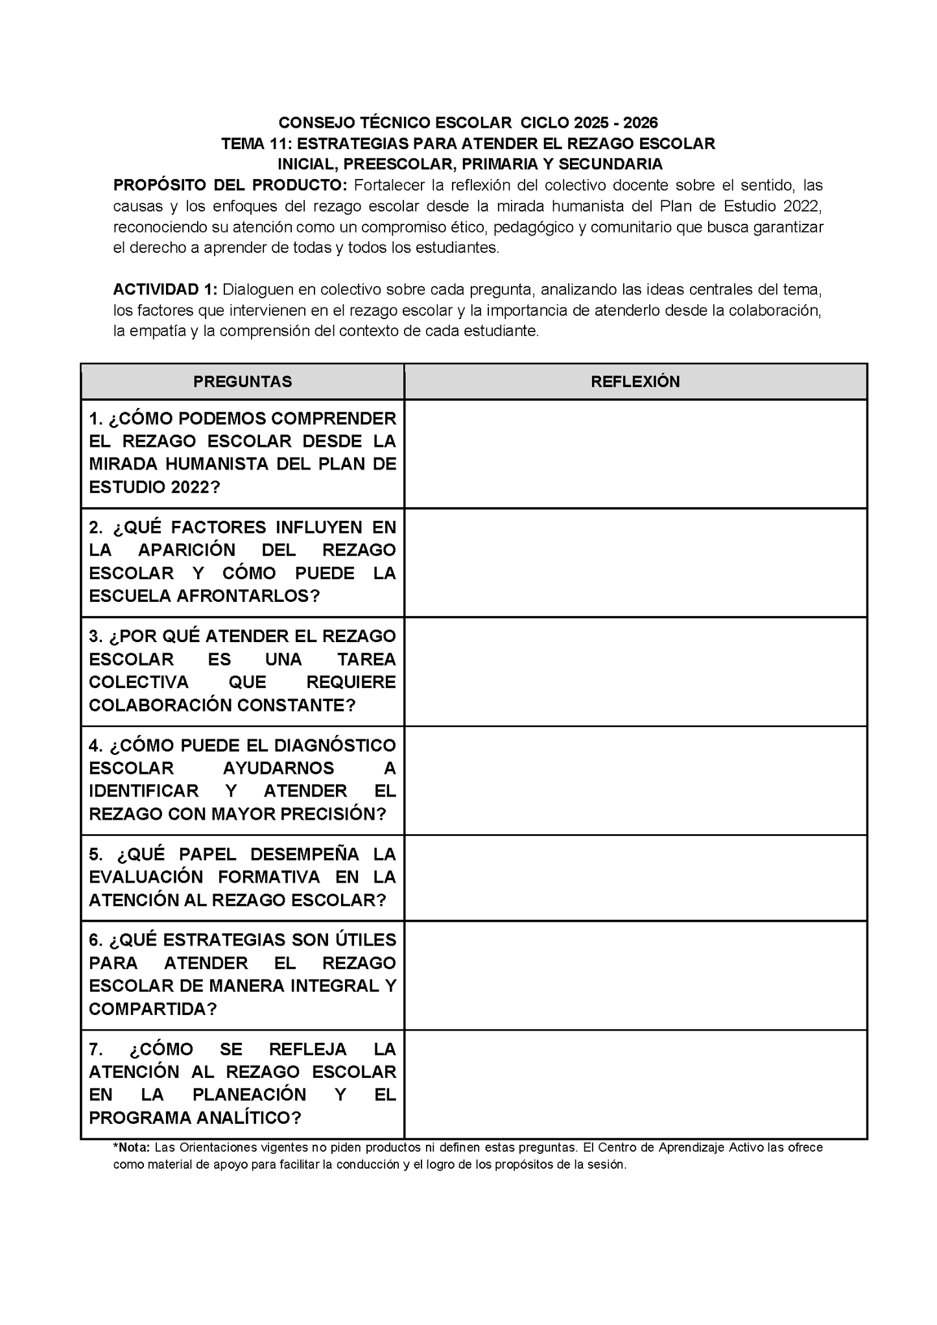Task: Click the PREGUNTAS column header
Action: [243, 381]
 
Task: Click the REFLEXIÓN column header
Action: [635, 381]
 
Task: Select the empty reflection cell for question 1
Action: [635, 453]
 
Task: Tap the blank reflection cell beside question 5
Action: [635, 877]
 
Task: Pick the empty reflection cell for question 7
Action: [635, 1084]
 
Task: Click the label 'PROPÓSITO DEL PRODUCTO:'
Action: [230, 185]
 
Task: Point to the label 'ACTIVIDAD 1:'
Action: [165, 289]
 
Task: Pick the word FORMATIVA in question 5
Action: [268, 877]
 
